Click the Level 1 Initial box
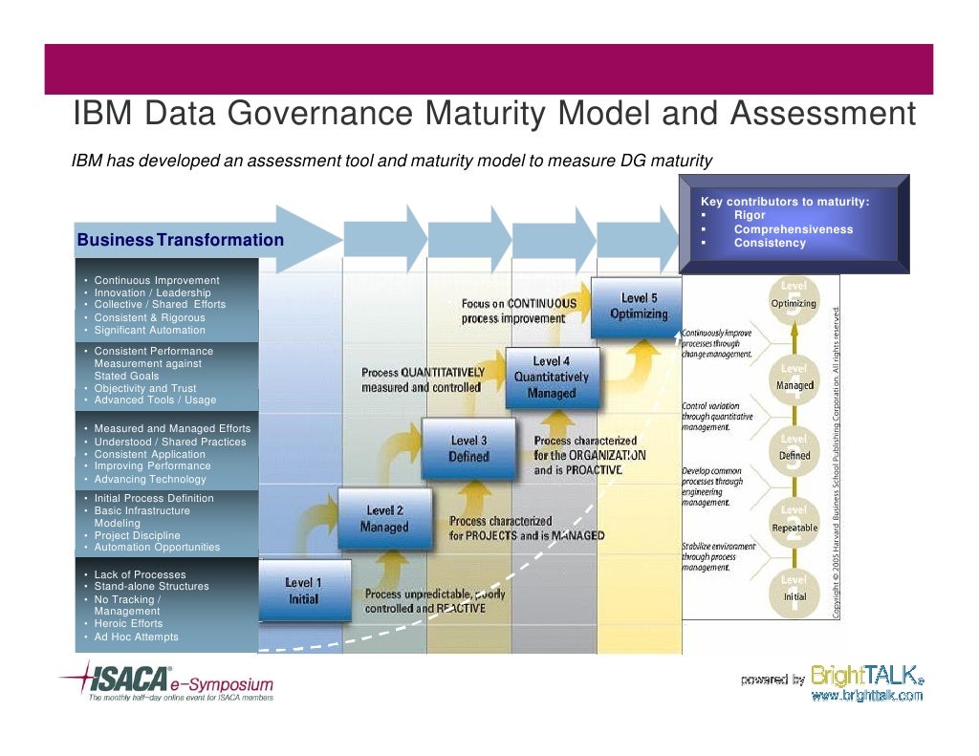tap(304, 591)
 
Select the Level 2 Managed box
tap(384, 519)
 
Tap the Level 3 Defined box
tap(468, 448)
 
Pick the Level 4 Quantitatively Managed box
tap(552, 377)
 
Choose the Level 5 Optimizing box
tap(638, 307)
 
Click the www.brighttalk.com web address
tap(867, 696)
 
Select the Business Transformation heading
tap(181, 240)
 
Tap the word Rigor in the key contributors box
tap(750, 215)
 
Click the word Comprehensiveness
tap(793, 229)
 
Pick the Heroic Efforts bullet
tap(128, 623)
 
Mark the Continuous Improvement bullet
tap(156, 280)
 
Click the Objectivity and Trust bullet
tap(144, 388)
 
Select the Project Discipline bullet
tap(137, 535)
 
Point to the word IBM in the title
tap(101, 116)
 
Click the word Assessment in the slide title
tap(823, 116)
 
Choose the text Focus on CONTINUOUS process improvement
tap(519, 311)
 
